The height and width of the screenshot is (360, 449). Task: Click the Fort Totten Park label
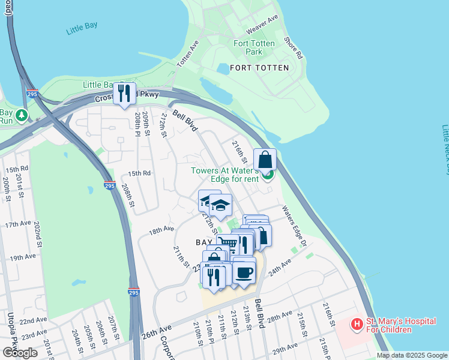254,47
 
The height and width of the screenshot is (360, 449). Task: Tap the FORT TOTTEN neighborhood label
259,68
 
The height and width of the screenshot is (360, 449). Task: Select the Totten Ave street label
187,54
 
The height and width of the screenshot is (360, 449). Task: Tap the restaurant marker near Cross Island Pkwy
125,93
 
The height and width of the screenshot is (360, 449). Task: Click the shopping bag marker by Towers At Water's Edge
265,160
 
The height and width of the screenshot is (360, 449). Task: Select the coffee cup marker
244,272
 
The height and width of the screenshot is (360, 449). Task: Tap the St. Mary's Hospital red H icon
357,324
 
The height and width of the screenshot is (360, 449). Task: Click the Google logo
20,352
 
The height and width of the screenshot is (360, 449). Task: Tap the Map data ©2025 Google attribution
412,355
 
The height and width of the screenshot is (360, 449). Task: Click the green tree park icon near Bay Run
22,114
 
